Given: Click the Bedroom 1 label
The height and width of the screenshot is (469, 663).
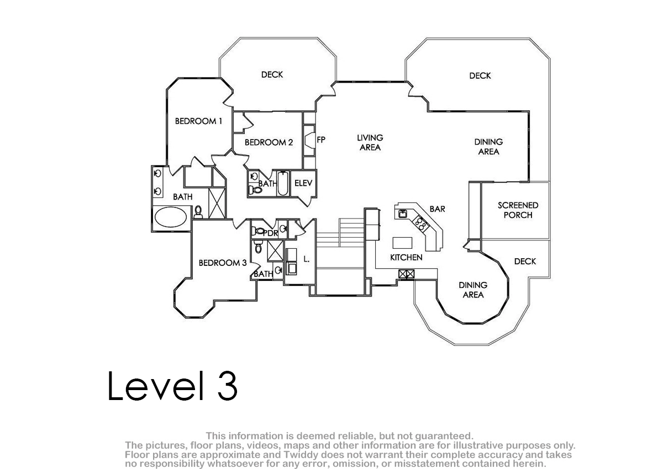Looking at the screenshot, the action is point(198,121).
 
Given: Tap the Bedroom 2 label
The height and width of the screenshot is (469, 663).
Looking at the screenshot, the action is point(269,142).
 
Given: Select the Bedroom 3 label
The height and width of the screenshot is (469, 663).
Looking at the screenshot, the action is point(223,263).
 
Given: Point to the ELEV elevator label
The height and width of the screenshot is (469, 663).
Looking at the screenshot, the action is point(303,183).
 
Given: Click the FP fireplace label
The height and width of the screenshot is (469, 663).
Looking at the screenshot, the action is point(321,140).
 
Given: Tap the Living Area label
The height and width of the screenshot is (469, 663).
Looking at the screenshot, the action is point(370,142).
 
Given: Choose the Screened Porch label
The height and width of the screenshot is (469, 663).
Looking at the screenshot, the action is point(518,210).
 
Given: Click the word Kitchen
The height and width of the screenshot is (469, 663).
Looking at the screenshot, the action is point(406,258).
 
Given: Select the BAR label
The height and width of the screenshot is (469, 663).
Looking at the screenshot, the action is point(438,209).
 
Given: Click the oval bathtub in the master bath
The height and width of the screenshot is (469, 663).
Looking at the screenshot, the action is point(171,217).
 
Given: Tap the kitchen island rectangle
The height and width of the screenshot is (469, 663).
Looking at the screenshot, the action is point(403,243).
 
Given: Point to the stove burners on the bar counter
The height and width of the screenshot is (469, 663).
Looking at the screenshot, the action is point(421,223).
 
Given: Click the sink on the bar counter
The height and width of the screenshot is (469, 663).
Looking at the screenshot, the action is point(403,214).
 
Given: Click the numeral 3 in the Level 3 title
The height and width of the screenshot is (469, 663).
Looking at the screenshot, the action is point(228,386).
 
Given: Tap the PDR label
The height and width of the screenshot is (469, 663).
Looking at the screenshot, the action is point(271,233).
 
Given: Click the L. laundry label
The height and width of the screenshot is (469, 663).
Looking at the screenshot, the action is point(307,259).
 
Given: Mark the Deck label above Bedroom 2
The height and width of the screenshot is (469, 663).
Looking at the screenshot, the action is point(272,74).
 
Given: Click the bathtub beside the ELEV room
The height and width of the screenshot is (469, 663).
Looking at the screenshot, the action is point(283,183).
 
